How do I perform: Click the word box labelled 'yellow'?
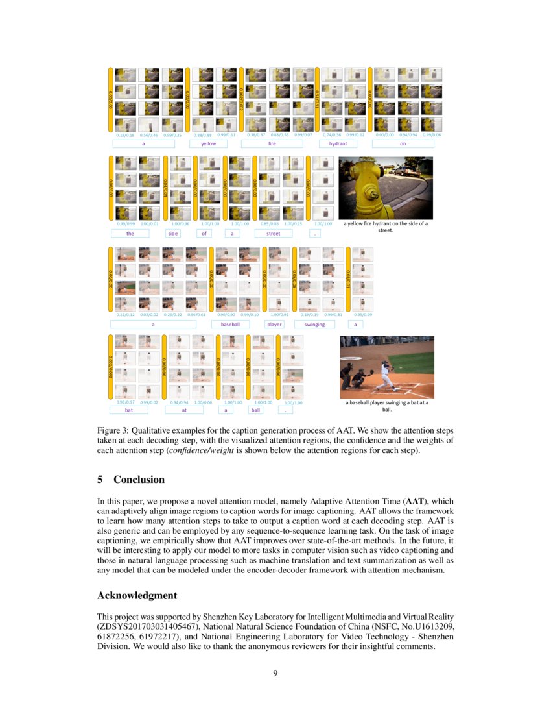208,143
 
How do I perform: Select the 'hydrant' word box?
338,143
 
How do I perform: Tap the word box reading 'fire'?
272,143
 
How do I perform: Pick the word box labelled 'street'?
274,233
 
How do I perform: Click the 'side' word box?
174,233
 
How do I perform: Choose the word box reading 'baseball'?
231,324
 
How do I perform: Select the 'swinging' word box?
314,324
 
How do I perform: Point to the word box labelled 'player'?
275,324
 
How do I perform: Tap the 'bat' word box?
129,410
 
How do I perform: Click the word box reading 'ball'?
256,410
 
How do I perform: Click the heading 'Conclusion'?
139,480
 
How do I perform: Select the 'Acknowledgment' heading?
137,595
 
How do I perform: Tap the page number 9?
275,672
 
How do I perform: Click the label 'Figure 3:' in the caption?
114,430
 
